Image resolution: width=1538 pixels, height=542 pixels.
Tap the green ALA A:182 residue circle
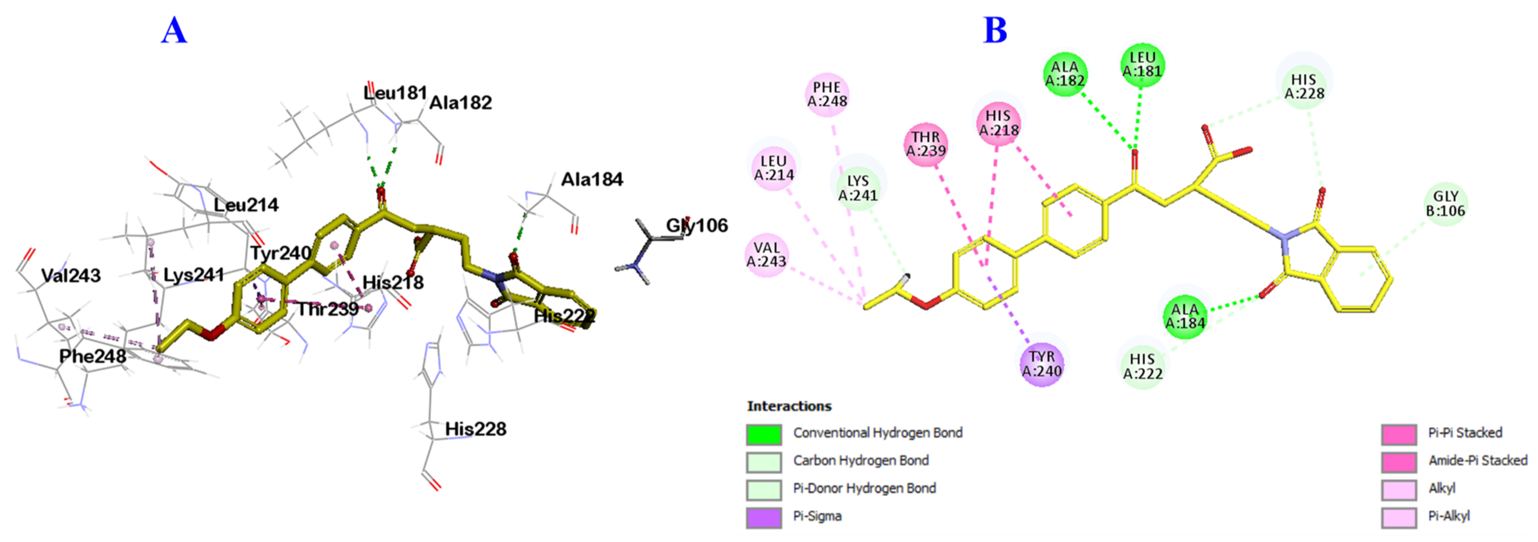pos(1065,74)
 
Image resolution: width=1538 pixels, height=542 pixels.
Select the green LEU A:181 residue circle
pos(1142,65)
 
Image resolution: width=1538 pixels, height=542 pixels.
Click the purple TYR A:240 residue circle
pos(1042,364)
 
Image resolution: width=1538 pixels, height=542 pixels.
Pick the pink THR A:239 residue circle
pos(925,145)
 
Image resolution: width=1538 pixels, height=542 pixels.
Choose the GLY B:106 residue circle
pos(1446,204)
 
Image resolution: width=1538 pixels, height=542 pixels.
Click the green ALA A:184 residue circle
pos(1185,316)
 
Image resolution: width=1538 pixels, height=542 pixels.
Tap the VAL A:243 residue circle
pos(767,254)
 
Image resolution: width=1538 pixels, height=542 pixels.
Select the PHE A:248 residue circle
pos(827,95)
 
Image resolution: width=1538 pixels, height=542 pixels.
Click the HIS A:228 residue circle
pos(1304,87)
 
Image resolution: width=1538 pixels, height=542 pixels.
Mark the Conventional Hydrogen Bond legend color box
pos(764,435)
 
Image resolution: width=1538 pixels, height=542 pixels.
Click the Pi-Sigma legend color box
pos(764,517)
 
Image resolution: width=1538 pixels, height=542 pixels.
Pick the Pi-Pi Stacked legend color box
pos(1398,435)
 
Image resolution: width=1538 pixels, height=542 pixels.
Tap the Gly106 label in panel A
pos(697,225)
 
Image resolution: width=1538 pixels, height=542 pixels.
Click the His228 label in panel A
pos(475,429)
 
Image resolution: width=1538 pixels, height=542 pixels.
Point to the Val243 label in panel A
pos(71,275)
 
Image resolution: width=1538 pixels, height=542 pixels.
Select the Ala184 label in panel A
pos(592,179)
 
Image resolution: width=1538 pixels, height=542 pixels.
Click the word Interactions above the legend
pos(789,406)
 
